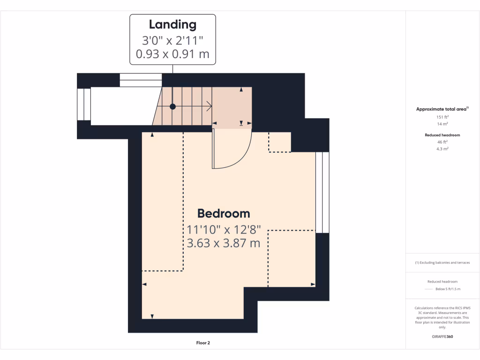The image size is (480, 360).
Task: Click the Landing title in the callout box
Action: [172, 24]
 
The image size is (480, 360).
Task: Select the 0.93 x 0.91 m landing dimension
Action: [172, 54]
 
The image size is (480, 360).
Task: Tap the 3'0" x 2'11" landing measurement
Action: [172, 39]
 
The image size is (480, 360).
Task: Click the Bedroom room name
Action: [224, 214]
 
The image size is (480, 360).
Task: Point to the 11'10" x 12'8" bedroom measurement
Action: [224, 230]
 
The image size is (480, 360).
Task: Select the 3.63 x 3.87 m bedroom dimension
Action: [224, 243]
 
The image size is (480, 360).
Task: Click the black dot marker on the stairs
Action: [172, 107]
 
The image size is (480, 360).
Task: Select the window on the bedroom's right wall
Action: [322, 192]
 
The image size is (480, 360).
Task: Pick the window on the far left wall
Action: [84, 104]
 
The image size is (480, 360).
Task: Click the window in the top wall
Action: [141, 80]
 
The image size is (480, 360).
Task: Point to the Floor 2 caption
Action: [203, 343]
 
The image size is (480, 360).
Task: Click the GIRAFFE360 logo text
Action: [442, 337]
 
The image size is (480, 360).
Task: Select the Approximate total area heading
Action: [442, 109]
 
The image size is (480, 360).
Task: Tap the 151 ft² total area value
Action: [442, 117]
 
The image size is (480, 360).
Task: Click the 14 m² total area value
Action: [442, 124]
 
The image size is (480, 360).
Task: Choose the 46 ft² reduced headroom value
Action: [442, 142]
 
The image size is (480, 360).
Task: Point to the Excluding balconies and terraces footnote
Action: [442, 262]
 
